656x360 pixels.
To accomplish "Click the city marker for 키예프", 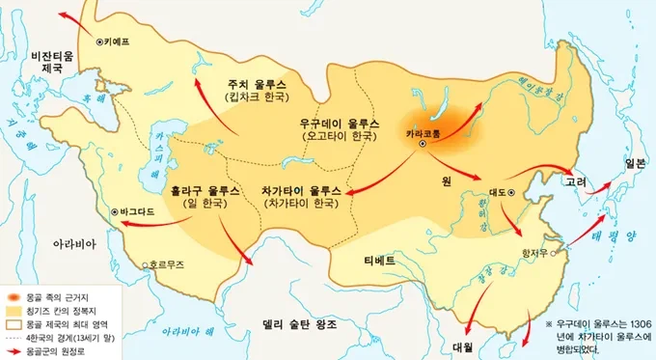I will click(x=101, y=42).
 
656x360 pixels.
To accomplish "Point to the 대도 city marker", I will click(x=511, y=193).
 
